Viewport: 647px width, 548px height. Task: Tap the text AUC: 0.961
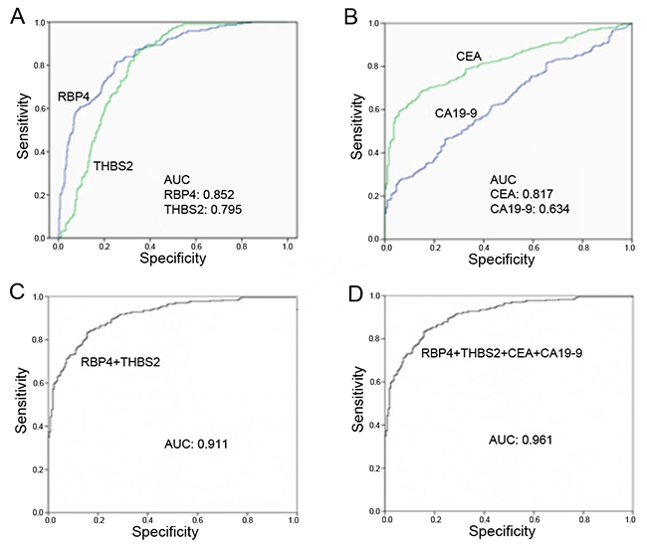pos(525,439)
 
